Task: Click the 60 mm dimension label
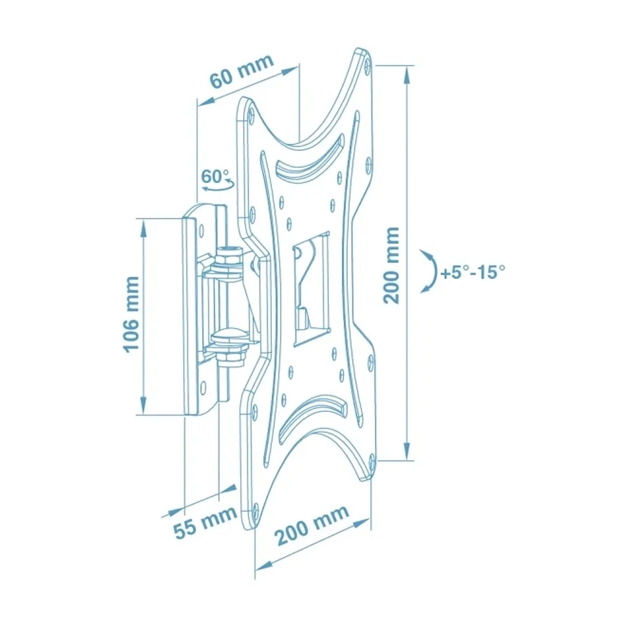click(x=242, y=72)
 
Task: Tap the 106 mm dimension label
click(x=131, y=314)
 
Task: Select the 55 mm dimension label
click(x=206, y=522)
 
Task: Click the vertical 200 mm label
click(x=391, y=265)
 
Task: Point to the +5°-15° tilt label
click(x=473, y=272)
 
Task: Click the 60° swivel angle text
click(x=215, y=176)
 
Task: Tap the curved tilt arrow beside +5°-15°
click(x=432, y=271)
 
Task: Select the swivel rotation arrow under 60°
click(x=218, y=185)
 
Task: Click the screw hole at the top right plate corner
click(x=368, y=64)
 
